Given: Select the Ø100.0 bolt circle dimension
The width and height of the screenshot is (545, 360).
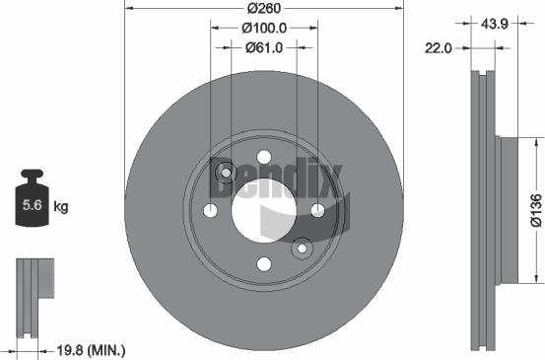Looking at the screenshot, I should pyautogui.click(x=263, y=30).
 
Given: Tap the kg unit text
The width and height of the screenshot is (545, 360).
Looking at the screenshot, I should pyautogui.click(x=60, y=206).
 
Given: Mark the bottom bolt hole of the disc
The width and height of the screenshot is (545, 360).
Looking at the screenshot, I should pyautogui.click(x=263, y=262).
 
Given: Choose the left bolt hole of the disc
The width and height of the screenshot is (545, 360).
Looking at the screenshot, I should pyautogui.click(x=210, y=210).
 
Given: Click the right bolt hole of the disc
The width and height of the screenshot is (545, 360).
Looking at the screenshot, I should pyautogui.click(x=316, y=210).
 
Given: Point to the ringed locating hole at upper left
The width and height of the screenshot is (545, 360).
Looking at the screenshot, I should pyautogui.click(x=226, y=174).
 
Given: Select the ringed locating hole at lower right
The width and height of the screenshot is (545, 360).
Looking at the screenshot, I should pyautogui.click(x=301, y=248).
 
